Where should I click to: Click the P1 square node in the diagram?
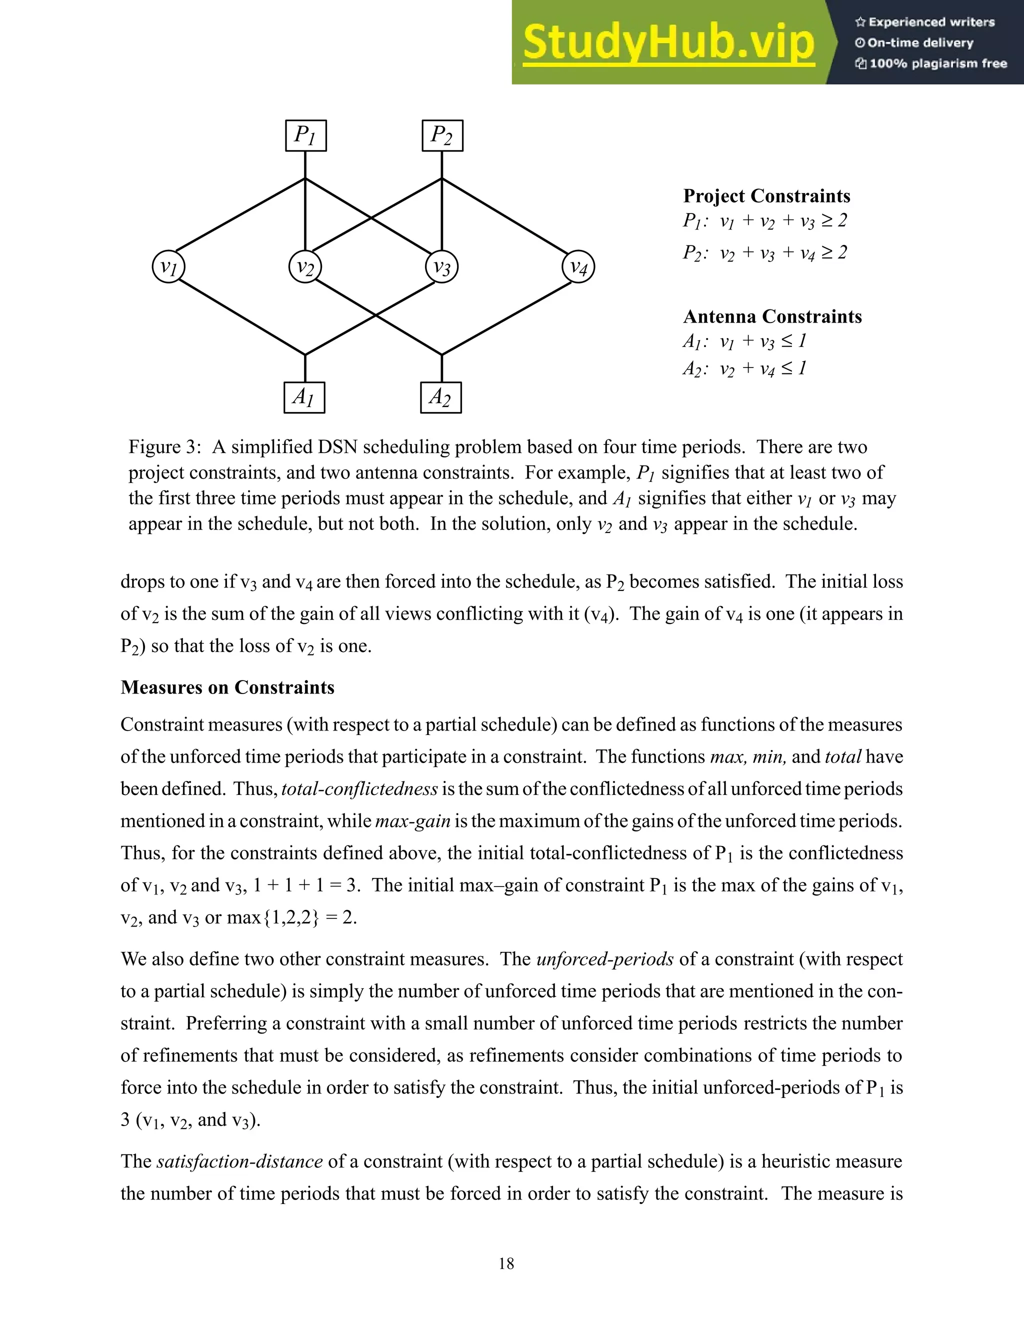(305, 135)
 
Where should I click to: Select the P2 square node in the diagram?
(442, 135)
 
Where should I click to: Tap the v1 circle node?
(168, 267)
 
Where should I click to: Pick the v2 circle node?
(305, 267)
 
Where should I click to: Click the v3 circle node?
(441, 267)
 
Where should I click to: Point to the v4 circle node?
(578, 267)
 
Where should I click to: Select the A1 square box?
(304, 397)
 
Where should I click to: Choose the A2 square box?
(441, 397)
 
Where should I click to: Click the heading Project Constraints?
(766, 196)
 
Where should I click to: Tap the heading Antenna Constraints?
(772, 316)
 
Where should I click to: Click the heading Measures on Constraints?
(227, 687)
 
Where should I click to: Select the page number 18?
(506, 1263)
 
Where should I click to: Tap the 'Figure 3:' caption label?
(164, 447)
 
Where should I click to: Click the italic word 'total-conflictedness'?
(359, 788)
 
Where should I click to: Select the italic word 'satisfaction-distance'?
(239, 1161)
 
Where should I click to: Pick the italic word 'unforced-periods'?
(605, 959)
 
